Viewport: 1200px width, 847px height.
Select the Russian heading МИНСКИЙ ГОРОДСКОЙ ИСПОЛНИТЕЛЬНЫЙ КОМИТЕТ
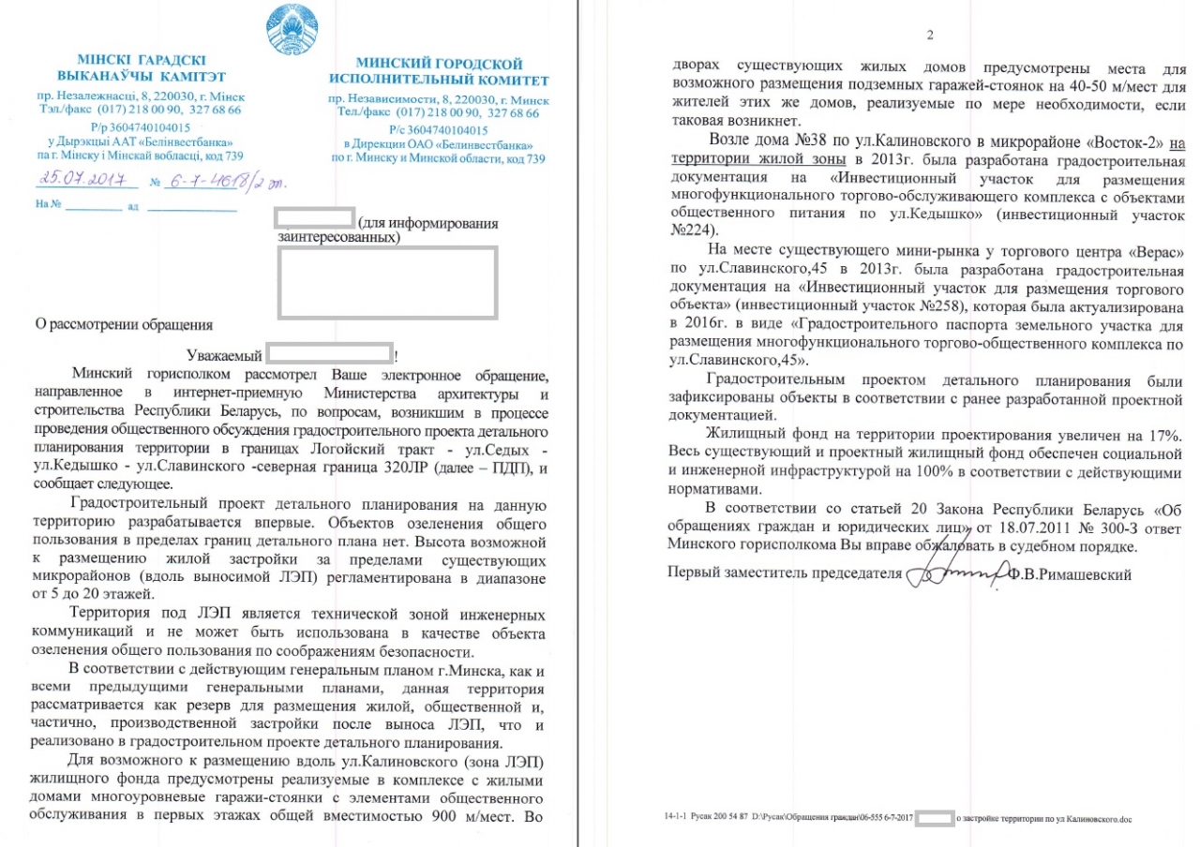pyautogui.click(x=439, y=72)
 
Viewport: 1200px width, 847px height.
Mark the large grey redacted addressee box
pyautogui.click(x=386, y=282)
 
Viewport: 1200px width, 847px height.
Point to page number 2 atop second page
pyautogui.click(x=930, y=36)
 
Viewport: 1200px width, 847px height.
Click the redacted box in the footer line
pyautogui.click(x=934, y=817)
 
